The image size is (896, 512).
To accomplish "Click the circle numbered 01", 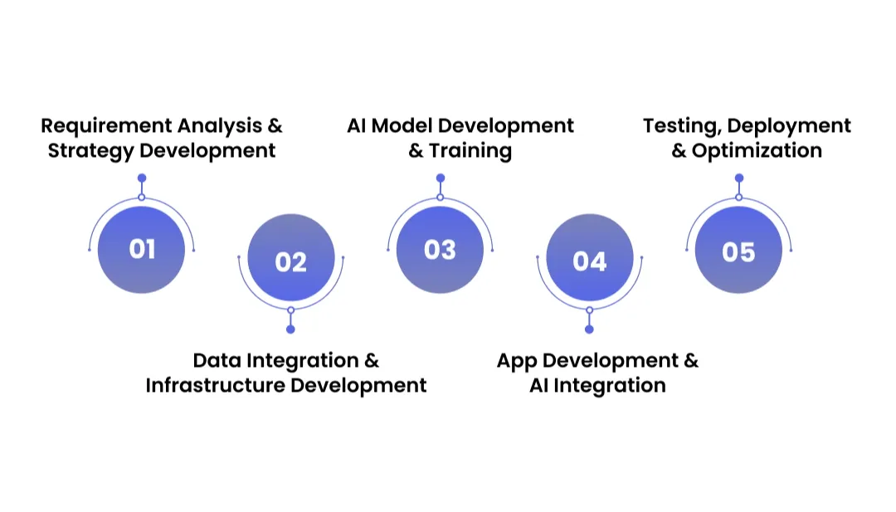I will [x=141, y=250].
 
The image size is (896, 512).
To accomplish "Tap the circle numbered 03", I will [x=440, y=250].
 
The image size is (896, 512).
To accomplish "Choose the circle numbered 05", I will [x=738, y=250].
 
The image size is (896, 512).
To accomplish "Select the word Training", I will [x=470, y=151].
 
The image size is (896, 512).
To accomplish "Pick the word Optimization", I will [x=757, y=151].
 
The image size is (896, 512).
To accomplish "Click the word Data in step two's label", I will [x=217, y=361].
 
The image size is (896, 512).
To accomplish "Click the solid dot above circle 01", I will [x=142, y=178].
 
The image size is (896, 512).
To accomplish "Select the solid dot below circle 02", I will [x=290, y=329].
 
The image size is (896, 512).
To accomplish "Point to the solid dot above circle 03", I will [x=441, y=178].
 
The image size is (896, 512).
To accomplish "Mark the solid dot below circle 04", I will [x=589, y=329].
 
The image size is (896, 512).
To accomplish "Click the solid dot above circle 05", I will [x=739, y=178].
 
